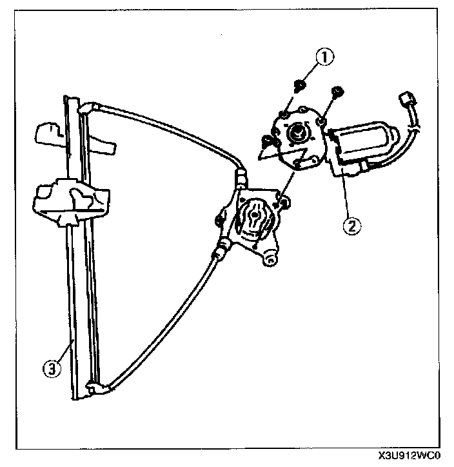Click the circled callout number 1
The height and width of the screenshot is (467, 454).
tap(325, 57)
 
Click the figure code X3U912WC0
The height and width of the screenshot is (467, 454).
tap(411, 459)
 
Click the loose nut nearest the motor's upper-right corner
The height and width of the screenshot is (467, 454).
tap(336, 92)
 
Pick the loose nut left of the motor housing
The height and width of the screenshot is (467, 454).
tap(267, 139)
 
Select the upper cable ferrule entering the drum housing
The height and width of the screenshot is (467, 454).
tap(241, 174)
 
